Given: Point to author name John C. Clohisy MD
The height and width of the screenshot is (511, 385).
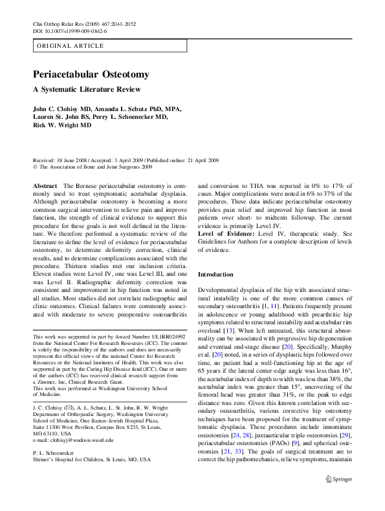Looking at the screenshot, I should pos(65,109).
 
